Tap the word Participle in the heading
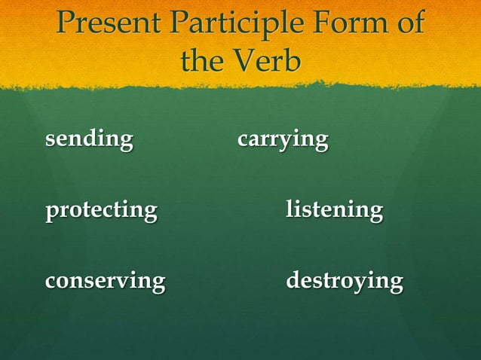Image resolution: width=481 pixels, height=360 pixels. tap(232, 25)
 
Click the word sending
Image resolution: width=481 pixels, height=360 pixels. tap(89, 140)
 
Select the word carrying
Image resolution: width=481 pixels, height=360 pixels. tap(283, 141)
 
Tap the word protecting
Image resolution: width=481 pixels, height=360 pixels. tap(101, 211)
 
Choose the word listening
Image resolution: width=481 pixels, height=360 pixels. tap(334, 211)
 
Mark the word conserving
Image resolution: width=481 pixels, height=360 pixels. tap(105, 282)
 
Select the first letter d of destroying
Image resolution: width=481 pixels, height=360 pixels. tap(293, 281)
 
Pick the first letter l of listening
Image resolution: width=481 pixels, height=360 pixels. tap(290, 209)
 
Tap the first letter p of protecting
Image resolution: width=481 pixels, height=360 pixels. tap(51, 212)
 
